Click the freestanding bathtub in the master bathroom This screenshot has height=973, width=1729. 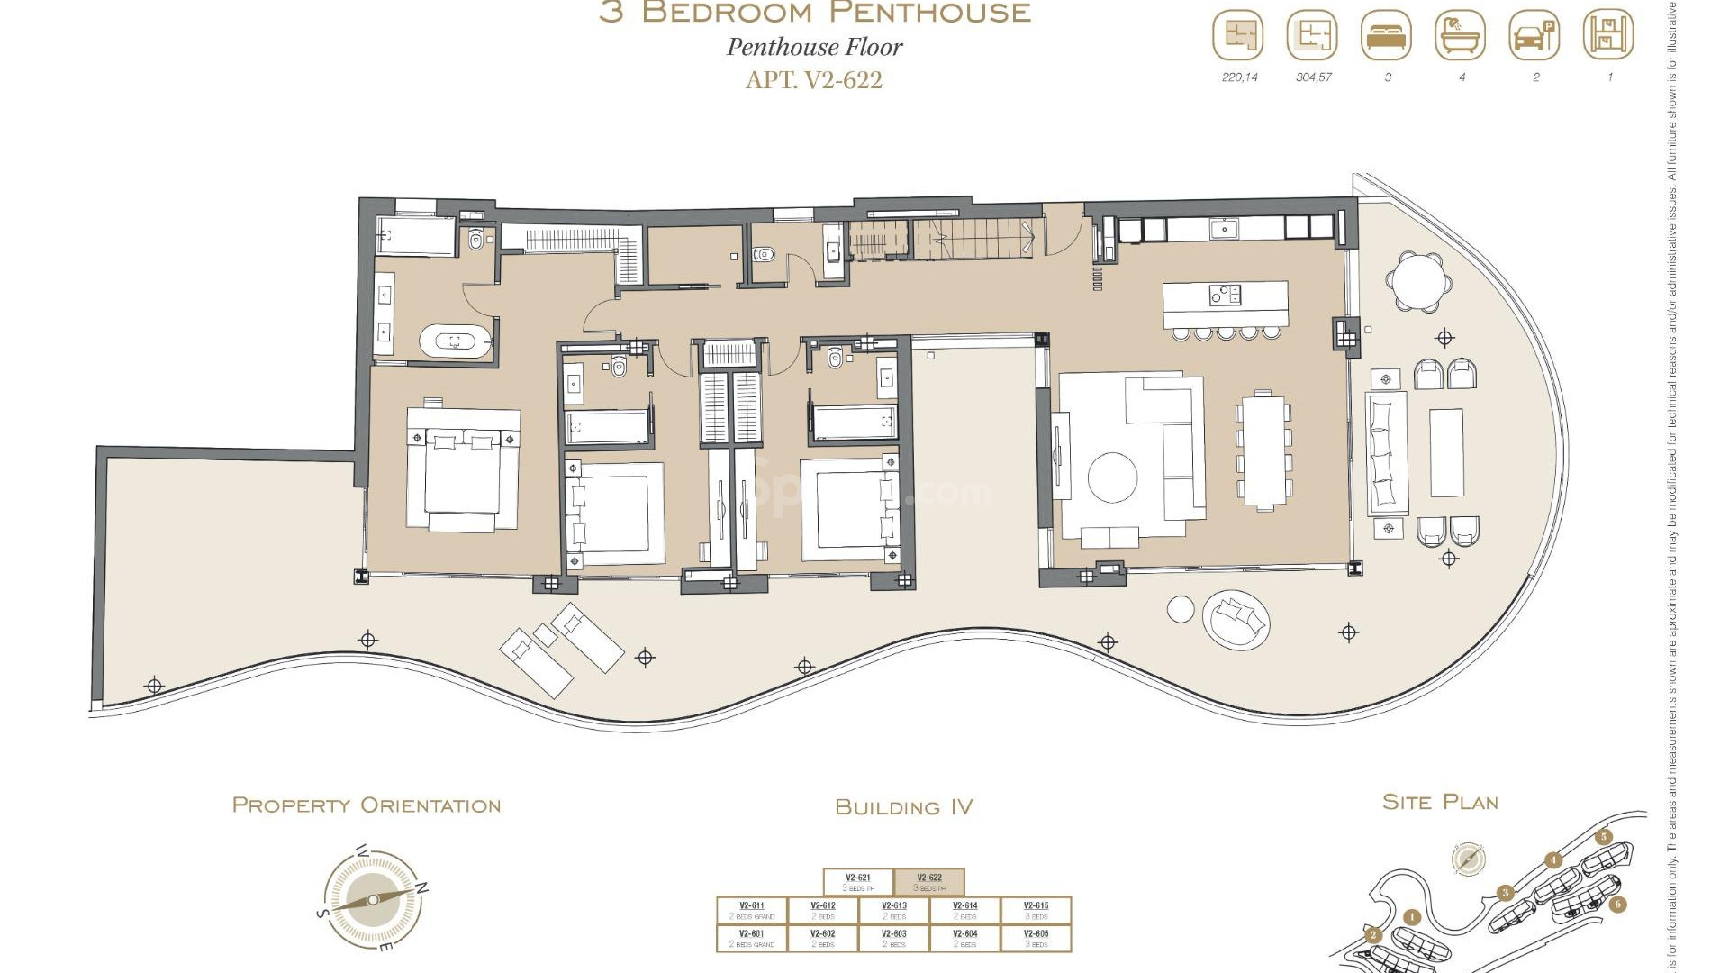coord(456,341)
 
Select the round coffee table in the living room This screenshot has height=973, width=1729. coord(1112,477)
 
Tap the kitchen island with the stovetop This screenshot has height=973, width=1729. coord(1225,305)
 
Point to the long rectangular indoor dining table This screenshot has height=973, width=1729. coord(1264,450)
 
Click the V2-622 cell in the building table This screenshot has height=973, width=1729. coord(929,882)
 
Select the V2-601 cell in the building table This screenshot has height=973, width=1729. coord(751,938)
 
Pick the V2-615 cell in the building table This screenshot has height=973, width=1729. coord(1036,910)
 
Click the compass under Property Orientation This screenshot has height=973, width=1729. coord(373,899)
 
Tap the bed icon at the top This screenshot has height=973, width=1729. coord(1386,37)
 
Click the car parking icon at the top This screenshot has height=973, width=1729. coord(1534,37)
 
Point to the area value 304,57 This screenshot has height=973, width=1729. coord(1313,77)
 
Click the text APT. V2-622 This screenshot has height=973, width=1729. coord(814,80)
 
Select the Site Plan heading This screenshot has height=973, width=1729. coord(1440,802)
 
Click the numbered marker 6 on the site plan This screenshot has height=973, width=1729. coord(1618,904)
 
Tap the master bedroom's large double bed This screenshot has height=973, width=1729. coord(463,468)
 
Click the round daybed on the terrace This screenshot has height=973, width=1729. coord(1236,620)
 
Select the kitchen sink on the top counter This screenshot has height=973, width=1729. coord(1224,229)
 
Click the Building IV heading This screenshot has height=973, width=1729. coord(903,807)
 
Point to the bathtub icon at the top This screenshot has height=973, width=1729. coord(1460,37)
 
